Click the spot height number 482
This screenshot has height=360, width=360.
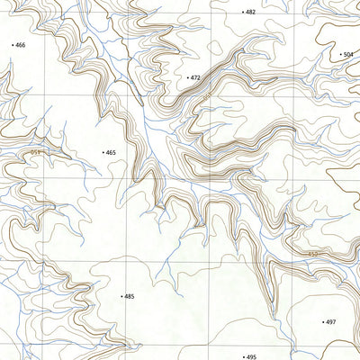(x=251, y=13)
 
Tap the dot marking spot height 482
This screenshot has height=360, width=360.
(x=243, y=13)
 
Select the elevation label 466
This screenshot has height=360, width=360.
(x=21, y=44)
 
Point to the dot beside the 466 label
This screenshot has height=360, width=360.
(x=13, y=44)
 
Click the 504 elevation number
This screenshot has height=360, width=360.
(x=348, y=55)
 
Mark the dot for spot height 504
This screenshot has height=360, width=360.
(x=340, y=55)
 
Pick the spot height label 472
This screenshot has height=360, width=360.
(x=194, y=78)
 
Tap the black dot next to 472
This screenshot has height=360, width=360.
(x=186, y=78)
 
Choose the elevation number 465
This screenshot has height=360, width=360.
(x=111, y=153)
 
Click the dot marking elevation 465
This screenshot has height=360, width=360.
(x=103, y=153)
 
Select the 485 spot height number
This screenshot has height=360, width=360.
(x=129, y=296)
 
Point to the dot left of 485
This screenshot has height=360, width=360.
(x=121, y=296)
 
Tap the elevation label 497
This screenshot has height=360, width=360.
(x=330, y=321)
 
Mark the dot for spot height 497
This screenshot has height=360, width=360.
(x=322, y=321)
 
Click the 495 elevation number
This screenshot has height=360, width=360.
(x=252, y=356)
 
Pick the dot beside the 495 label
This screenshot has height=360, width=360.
(x=244, y=356)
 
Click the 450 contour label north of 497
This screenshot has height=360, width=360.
(x=312, y=255)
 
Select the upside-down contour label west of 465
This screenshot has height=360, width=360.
(x=36, y=153)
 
